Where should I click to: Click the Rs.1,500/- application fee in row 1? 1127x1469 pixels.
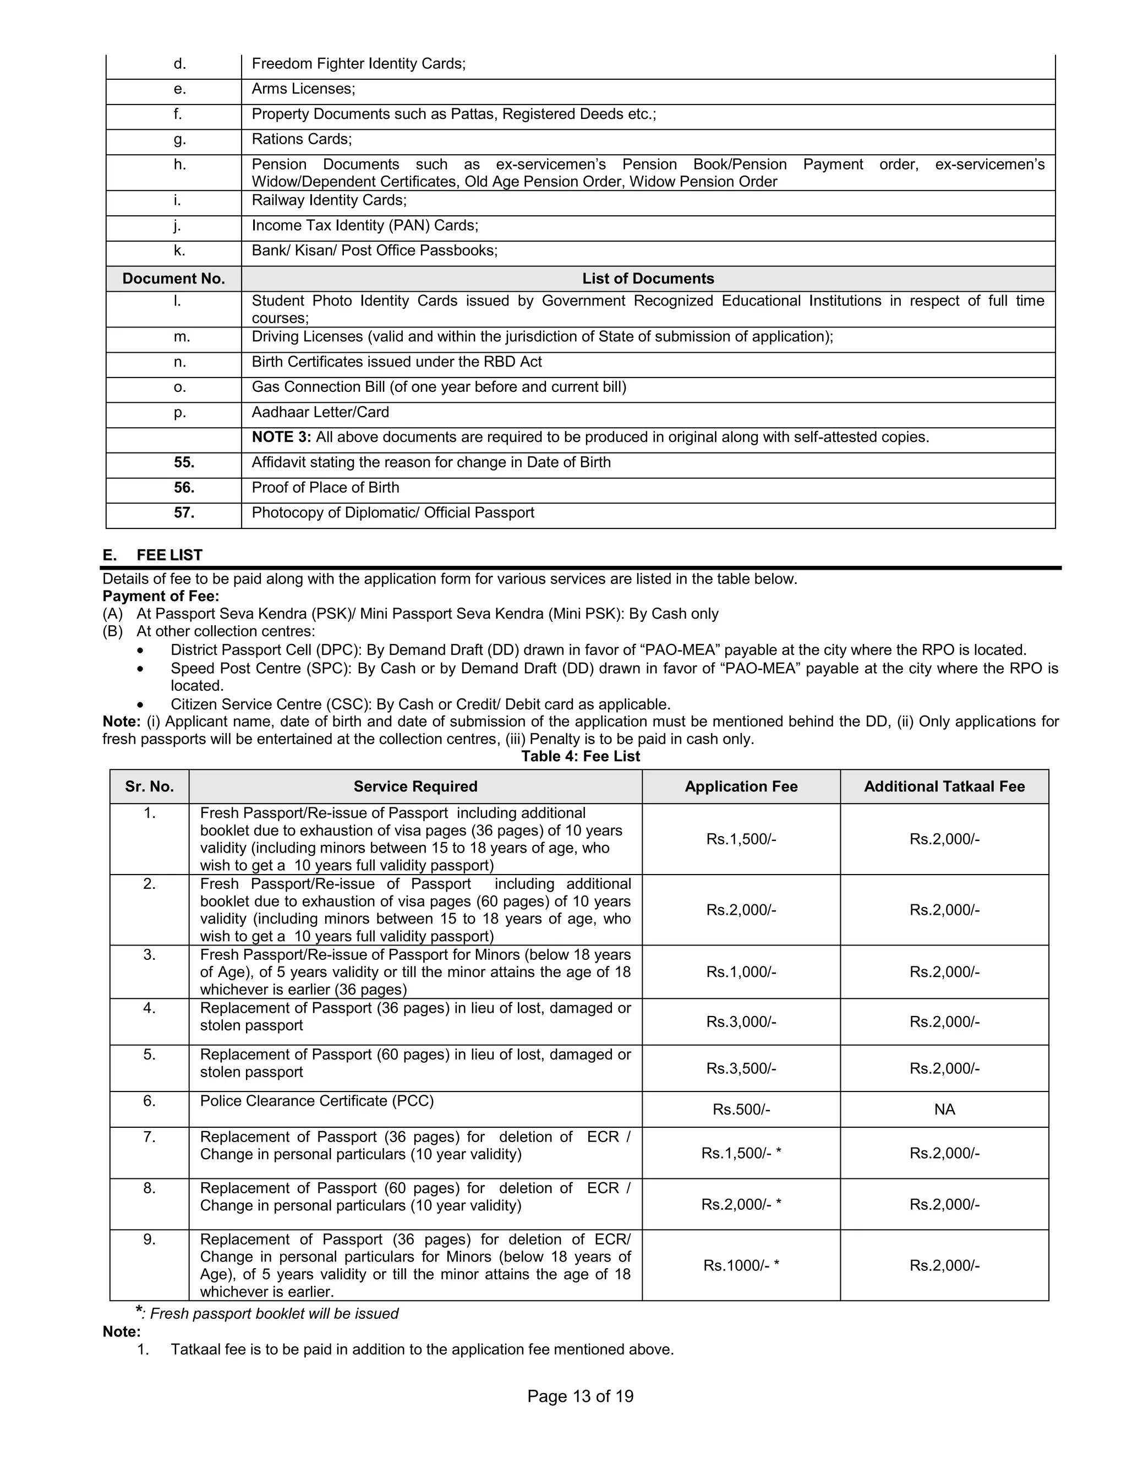point(741,839)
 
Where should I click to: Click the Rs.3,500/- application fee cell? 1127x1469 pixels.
point(741,1068)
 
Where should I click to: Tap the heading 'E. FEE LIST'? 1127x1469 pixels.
point(152,555)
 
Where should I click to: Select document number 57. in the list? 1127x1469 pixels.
point(184,512)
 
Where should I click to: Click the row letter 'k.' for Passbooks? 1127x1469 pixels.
point(179,250)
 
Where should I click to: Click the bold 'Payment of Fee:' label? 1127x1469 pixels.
point(160,596)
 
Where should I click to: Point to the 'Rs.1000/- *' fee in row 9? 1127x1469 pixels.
point(741,1265)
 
